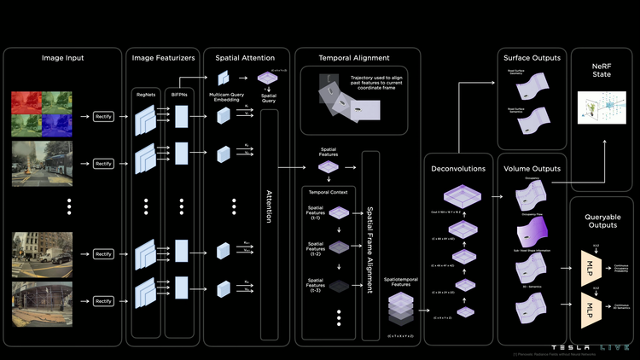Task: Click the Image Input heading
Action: (x=62, y=58)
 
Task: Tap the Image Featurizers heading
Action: (x=163, y=58)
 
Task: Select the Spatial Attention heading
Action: (x=245, y=58)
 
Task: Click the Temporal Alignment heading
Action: (x=354, y=58)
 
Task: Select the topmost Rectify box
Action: (x=104, y=114)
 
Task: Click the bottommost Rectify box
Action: (x=104, y=301)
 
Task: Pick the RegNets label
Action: (x=145, y=96)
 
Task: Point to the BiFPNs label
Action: (x=181, y=96)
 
